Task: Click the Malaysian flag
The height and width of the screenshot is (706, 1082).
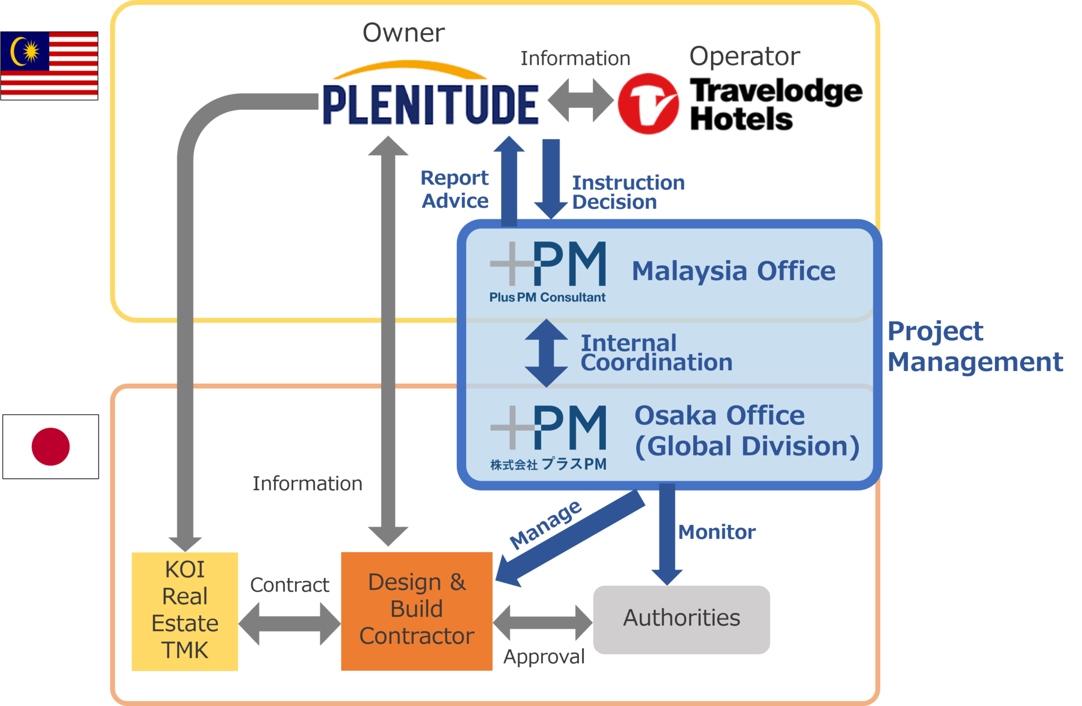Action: [x=49, y=66]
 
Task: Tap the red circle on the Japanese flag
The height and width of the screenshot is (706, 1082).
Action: [x=51, y=447]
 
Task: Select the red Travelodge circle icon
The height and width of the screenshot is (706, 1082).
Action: [x=648, y=104]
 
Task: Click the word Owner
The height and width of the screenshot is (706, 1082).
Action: [x=404, y=33]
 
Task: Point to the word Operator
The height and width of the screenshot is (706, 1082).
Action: [x=744, y=56]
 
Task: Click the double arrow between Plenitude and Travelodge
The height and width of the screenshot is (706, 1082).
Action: [x=580, y=100]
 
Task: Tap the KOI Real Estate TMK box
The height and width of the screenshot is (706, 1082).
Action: [x=185, y=611]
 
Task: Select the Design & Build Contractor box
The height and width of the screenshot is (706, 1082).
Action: [x=417, y=611]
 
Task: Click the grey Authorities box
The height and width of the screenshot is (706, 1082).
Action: [x=682, y=619]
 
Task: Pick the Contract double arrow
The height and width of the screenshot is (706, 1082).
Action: [x=290, y=624]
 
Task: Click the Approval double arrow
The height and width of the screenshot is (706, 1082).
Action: [x=543, y=623]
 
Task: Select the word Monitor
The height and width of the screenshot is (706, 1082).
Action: [x=717, y=532]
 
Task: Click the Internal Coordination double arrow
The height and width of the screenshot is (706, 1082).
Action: [x=546, y=353]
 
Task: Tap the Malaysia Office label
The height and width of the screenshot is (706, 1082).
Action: [x=734, y=271]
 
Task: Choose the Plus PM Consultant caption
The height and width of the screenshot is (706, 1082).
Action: [x=547, y=298]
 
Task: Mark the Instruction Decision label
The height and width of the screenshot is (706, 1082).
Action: [x=629, y=192]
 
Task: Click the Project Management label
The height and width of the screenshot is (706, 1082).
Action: [x=975, y=347]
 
